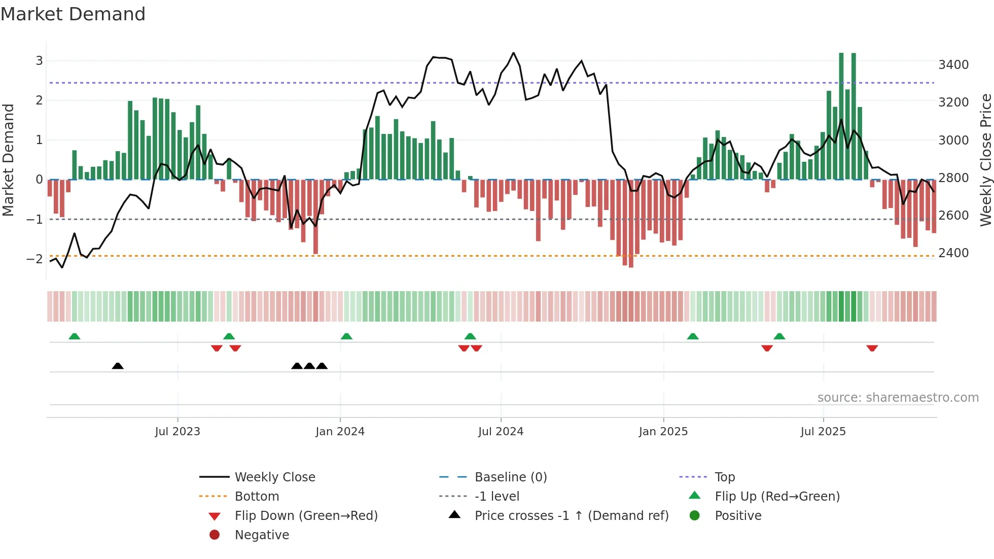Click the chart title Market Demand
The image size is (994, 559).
click(73, 14)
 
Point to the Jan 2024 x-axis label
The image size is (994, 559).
click(340, 431)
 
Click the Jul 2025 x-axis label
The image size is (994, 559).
click(823, 431)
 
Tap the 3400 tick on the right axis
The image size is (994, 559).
click(953, 64)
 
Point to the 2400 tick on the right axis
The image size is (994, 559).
click(953, 253)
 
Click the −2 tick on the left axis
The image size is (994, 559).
click(34, 259)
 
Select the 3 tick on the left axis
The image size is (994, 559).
click(39, 60)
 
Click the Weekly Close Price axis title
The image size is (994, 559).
click(985, 160)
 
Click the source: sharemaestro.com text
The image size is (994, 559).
click(898, 397)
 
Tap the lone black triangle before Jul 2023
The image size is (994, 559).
click(118, 366)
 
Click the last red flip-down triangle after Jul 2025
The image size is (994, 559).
click(872, 348)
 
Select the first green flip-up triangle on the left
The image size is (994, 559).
click(75, 336)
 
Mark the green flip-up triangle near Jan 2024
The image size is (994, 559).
click(346, 336)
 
